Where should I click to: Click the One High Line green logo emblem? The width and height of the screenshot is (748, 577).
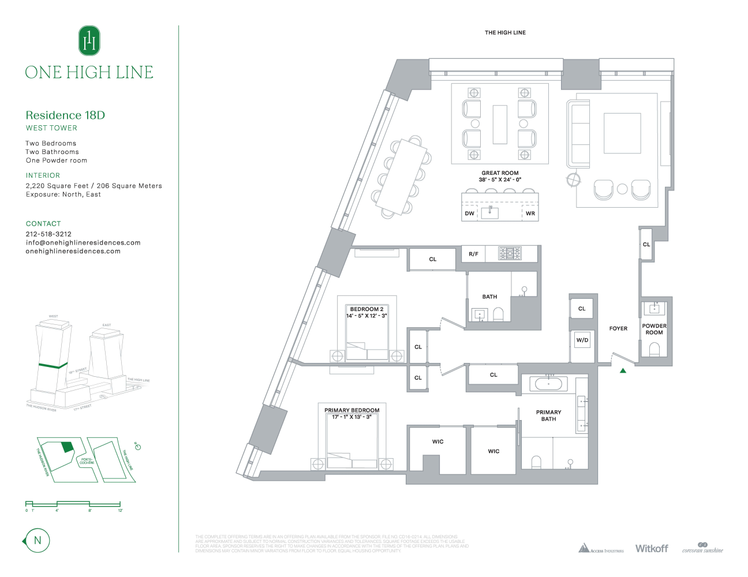click(x=89, y=40)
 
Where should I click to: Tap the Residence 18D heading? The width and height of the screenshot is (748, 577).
click(x=65, y=115)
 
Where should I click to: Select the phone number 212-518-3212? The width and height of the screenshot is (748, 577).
click(x=48, y=234)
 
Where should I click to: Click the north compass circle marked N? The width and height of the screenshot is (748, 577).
click(x=38, y=541)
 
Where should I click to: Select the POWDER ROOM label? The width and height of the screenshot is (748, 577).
click(x=654, y=329)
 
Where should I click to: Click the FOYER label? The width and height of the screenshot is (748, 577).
click(x=618, y=328)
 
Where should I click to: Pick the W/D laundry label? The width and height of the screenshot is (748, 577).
click(x=582, y=340)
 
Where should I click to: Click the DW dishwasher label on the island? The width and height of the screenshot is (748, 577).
click(x=470, y=213)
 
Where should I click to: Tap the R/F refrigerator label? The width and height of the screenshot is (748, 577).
click(x=473, y=254)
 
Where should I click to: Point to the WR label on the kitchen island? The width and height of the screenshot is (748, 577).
click(x=530, y=213)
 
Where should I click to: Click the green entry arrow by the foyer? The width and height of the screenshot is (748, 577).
click(x=623, y=371)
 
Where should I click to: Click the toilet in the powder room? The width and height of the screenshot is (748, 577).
click(x=654, y=349)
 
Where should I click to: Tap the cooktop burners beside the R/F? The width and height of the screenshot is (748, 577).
click(x=510, y=253)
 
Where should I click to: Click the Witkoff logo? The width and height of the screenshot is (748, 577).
click(x=652, y=548)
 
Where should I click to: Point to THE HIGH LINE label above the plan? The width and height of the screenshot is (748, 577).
click(x=505, y=33)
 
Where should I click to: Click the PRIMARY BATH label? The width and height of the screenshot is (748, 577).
click(x=548, y=415)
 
